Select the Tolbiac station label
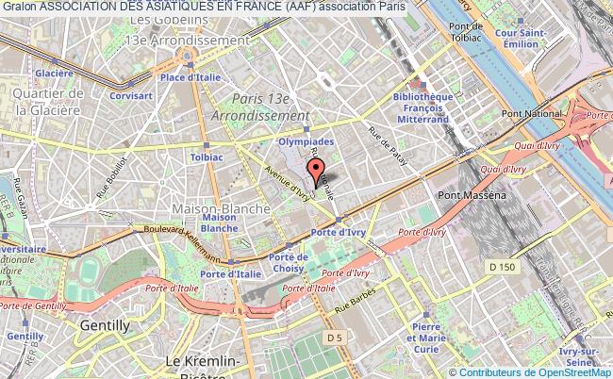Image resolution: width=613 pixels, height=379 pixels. pos(207,158)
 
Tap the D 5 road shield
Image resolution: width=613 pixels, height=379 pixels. pos(334,337)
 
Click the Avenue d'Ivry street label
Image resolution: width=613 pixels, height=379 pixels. pos(289,183)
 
